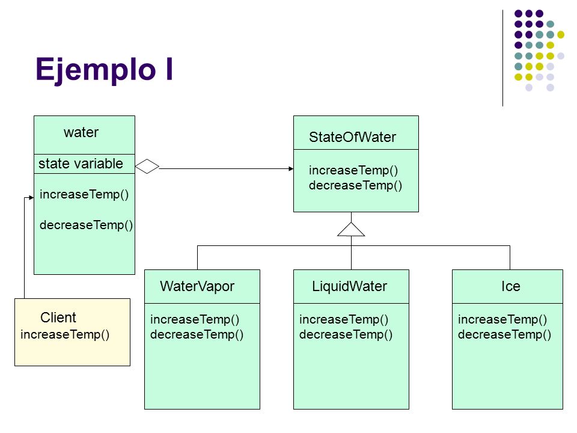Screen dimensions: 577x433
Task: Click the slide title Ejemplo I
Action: click(104, 70)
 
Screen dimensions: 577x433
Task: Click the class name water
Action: click(81, 132)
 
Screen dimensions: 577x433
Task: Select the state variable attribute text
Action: click(81, 164)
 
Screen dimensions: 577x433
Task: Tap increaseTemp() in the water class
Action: click(84, 194)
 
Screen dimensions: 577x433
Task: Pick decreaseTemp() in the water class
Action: click(86, 225)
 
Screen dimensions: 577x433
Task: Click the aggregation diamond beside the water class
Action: click(147, 167)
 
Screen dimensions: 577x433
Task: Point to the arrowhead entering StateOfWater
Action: click(291, 168)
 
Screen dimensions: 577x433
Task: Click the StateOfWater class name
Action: click(352, 137)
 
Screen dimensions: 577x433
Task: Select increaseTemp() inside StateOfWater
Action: click(353, 170)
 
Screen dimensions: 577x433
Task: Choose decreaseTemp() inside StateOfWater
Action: click(355, 185)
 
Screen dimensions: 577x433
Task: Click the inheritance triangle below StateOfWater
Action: click(351, 229)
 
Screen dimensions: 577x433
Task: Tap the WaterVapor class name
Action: click(197, 286)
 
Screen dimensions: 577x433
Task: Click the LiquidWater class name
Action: click(349, 286)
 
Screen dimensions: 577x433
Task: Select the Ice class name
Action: click(510, 286)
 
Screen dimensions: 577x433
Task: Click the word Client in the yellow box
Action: click(58, 318)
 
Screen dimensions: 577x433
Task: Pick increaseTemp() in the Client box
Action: click(65, 334)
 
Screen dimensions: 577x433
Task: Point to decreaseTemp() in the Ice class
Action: click(504, 334)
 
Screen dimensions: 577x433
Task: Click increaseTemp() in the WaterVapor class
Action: click(195, 319)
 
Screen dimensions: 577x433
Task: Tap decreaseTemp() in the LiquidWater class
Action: click(346, 334)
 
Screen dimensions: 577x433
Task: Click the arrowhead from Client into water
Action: click(31, 198)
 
